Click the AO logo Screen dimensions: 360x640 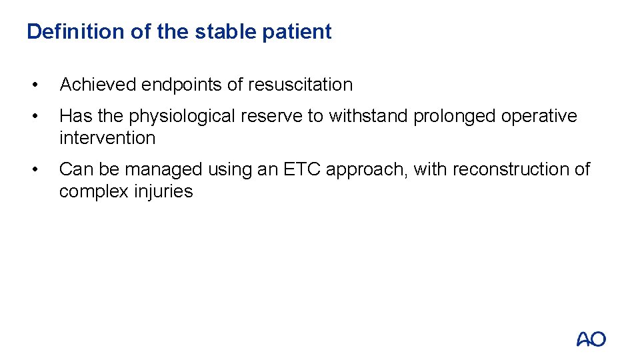click(591, 339)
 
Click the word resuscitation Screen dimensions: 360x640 click(300, 85)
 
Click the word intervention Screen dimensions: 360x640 click(107, 138)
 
